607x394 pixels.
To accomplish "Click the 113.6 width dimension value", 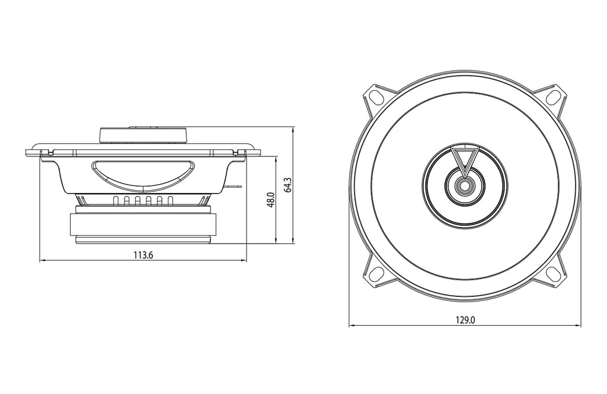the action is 143,255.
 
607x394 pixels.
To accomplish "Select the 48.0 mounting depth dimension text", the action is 270,200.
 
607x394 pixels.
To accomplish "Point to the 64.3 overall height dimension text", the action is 287,185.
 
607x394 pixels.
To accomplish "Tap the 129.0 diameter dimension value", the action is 465,320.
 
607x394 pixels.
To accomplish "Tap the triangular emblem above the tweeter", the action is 465,159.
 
